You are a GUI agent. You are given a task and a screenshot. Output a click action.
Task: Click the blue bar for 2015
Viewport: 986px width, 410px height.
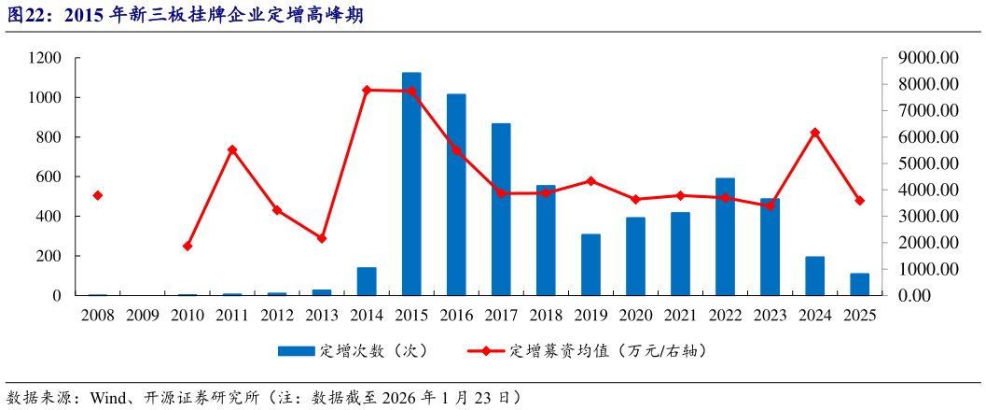(411, 184)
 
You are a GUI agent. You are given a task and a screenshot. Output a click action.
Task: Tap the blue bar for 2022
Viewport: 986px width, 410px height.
(725, 236)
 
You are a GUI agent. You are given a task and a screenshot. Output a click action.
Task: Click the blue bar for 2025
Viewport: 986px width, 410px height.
(859, 284)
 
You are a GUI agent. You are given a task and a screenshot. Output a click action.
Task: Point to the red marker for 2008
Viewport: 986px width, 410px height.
(97, 195)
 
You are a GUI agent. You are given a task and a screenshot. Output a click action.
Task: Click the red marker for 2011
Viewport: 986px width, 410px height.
(232, 149)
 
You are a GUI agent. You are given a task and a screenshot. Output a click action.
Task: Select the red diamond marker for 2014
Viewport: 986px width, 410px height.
(367, 90)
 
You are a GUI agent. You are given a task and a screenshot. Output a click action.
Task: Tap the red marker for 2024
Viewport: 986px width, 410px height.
(814, 133)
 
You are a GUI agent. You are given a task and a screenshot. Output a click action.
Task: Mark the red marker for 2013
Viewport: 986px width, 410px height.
(322, 238)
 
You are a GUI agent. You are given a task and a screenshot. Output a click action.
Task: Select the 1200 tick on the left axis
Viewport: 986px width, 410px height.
(45, 58)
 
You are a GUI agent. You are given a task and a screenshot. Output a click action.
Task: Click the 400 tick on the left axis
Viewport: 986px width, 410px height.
(49, 216)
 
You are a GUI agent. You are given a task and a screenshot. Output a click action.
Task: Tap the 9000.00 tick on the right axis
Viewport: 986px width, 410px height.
(928, 58)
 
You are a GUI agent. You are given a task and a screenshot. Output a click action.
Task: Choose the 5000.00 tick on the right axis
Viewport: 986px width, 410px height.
(928, 163)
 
